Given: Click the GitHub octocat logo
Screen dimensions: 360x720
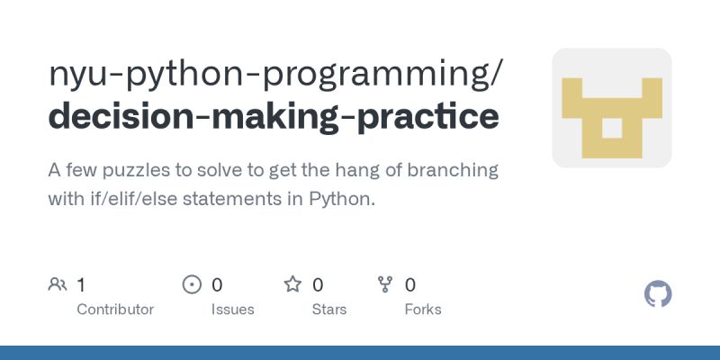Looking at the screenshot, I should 658,294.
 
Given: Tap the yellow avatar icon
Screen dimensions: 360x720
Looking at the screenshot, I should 611,108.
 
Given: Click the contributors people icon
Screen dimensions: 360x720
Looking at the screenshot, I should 58,285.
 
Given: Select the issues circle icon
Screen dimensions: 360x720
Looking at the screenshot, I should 192,285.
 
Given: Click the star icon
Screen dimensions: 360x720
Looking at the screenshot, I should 292,285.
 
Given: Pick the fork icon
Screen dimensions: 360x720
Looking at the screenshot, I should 385,285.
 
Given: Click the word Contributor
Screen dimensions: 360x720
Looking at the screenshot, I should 115,310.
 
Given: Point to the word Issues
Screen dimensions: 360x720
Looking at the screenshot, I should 232,310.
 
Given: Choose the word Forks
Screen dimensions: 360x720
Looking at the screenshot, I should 423,310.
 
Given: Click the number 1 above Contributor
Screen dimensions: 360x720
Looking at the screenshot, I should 81,285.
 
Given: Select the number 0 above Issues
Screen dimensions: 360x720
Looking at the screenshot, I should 217,285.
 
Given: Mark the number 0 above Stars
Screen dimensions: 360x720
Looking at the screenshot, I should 318,285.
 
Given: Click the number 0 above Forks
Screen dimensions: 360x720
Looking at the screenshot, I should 410,285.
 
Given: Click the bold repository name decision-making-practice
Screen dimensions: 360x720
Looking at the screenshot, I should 273,117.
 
